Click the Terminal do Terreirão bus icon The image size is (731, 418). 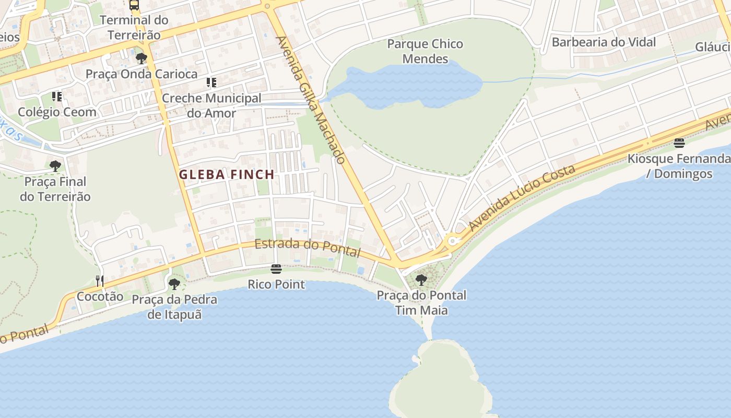134,5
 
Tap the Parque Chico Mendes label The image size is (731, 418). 425,51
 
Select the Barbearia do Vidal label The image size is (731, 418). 604,42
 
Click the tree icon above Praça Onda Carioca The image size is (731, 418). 141,58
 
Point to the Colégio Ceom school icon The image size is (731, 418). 57,97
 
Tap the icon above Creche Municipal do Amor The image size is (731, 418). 211,83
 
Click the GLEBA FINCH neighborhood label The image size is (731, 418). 227,175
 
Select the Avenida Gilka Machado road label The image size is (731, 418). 311,99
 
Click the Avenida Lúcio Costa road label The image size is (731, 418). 522,198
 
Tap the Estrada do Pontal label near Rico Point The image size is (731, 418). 308,248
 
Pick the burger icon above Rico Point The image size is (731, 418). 276,269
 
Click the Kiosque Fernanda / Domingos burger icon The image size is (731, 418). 679,143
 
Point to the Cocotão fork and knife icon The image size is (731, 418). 100,281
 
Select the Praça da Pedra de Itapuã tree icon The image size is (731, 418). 174,284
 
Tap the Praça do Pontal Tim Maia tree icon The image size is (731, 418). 421,280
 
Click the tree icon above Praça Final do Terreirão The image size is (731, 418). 55,166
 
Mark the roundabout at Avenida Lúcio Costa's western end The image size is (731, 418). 452,241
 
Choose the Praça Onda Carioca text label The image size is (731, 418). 142,74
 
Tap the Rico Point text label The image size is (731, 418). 276,285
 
